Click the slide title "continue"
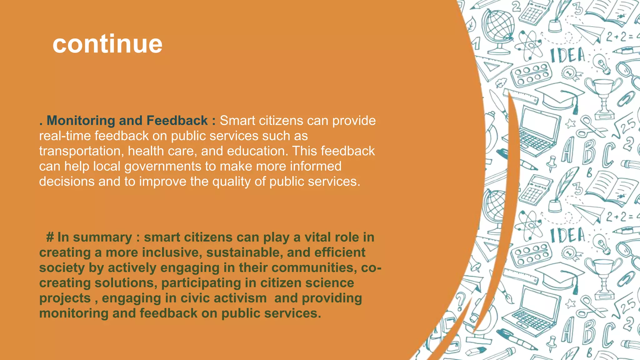[x=107, y=44]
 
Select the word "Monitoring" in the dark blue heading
[x=81, y=121]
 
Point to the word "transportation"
[x=80, y=151]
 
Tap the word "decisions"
[x=67, y=182]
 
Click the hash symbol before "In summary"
[x=50, y=237]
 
